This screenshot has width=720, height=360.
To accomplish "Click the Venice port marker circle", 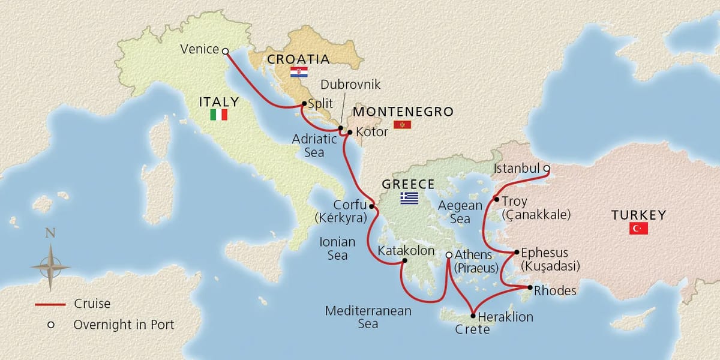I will click(x=225, y=52).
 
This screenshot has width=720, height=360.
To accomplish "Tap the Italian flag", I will click(x=219, y=115).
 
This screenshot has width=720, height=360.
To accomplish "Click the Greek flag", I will click(x=410, y=198).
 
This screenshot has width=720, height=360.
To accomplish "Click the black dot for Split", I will click(x=303, y=104).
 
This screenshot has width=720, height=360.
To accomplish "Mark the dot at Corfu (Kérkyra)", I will click(x=371, y=207).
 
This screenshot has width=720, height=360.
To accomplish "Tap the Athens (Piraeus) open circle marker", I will click(x=449, y=256).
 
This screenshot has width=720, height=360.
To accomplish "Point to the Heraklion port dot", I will click(x=473, y=316).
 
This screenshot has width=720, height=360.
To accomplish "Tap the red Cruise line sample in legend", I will click(x=50, y=305).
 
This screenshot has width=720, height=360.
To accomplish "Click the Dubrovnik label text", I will click(x=350, y=85).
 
